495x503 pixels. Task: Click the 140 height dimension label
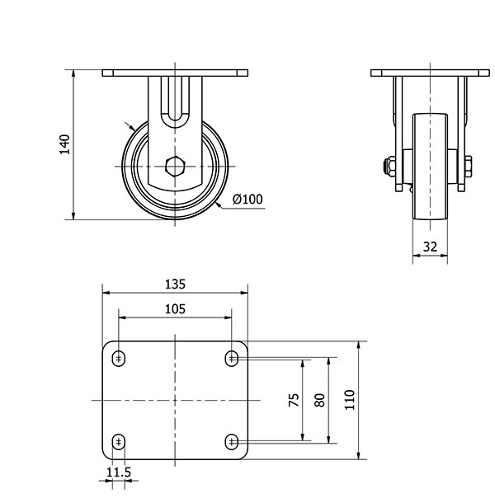pyautogui.click(x=64, y=144)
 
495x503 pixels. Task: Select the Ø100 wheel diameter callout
pyautogui.click(x=247, y=200)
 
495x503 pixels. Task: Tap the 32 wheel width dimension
pyautogui.click(x=430, y=247)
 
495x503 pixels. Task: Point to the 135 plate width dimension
pyautogui.click(x=175, y=284)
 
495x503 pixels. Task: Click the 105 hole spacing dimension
pyautogui.click(x=175, y=309)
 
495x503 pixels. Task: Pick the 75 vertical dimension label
pyautogui.click(x=294, y=400)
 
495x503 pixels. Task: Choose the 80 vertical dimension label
pyautogui.click(x=320, y=400)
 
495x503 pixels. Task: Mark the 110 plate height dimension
pyautogui.click(x=350, y=400)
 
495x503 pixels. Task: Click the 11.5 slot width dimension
pyautogui.click(x=119, y=472)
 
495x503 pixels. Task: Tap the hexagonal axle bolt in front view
pyautogui.click(x=175, y=167)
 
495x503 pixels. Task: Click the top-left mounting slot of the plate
pyautogui.click(x=119, y=359)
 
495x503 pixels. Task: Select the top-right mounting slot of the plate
pyautogui.click(x=232, y=359)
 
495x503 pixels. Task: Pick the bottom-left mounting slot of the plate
pyautogui.click(x=119, y=442)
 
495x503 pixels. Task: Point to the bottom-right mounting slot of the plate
pyautogui.click(x=232, y=442)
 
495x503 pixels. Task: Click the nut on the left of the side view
pyautogui.click(x=389, y=167)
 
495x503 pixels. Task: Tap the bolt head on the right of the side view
pyautogui.click(x=469, y=167)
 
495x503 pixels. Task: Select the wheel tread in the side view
pyautogui.click(x=430, y=167)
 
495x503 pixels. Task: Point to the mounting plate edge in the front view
pyautogui.click(x=175, y=73)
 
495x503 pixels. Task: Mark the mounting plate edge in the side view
pyautogui.click(x=430, y=73)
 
